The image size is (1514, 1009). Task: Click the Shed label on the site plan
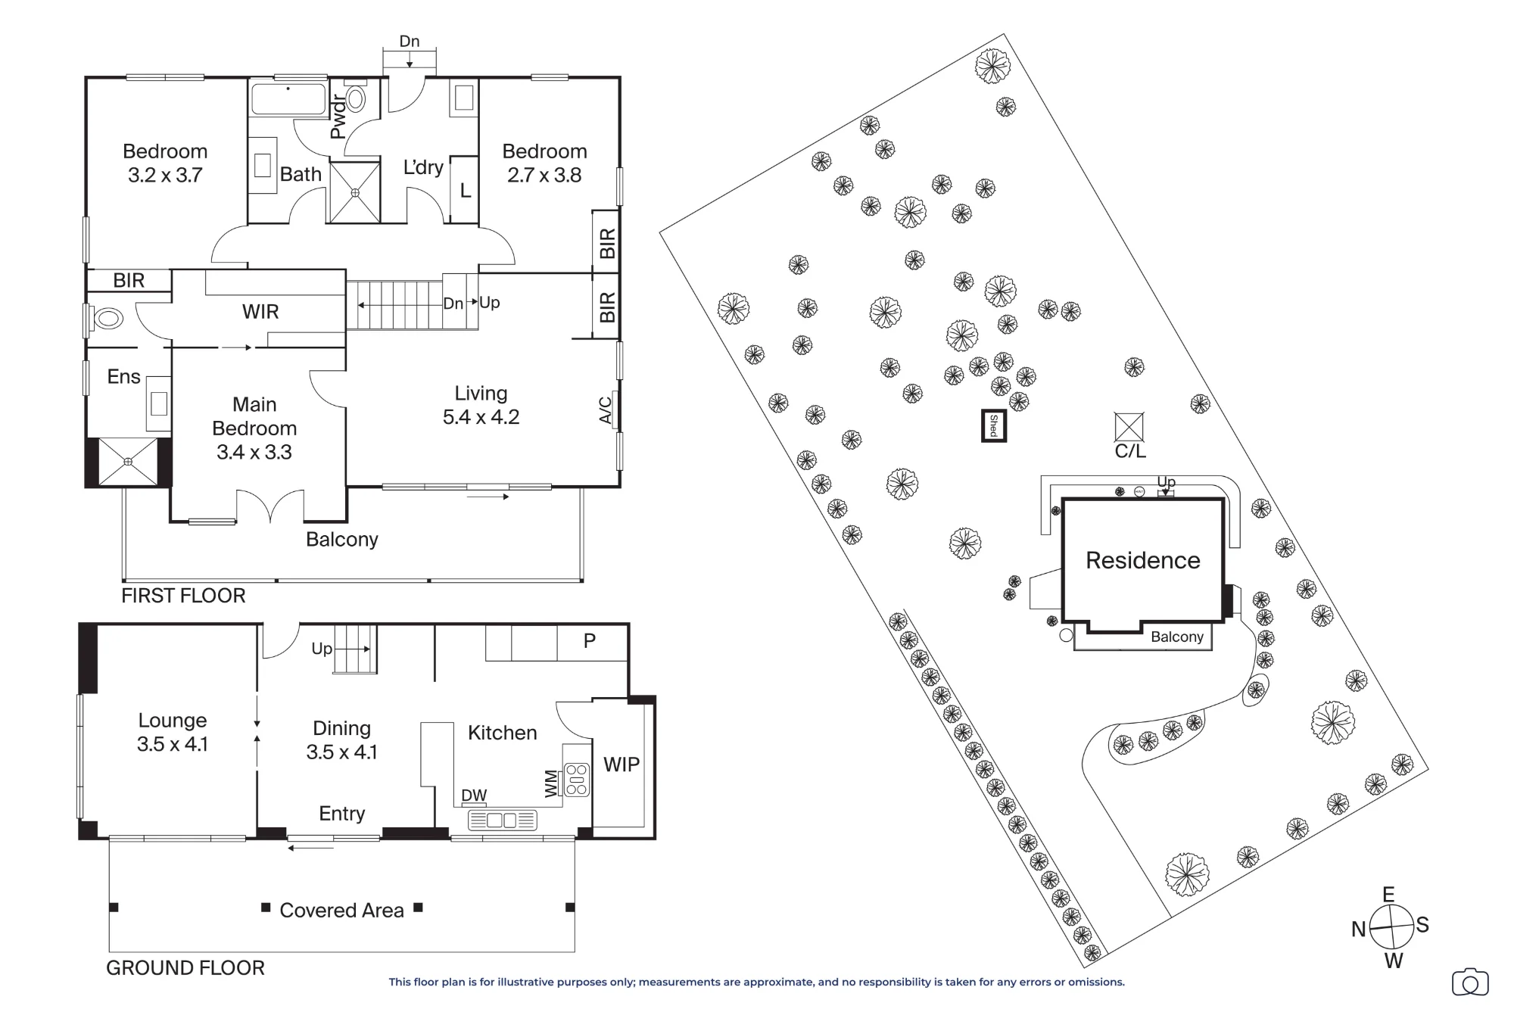point(994,425)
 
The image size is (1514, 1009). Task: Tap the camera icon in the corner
point(1470,983)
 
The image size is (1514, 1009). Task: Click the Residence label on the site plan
point(1143,560)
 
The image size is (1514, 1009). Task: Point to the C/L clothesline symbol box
point(1129,427)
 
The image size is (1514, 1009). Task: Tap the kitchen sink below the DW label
point(502,820)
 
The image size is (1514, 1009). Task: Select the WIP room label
point(621,765)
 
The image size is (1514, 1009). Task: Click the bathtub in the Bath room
point(288,99)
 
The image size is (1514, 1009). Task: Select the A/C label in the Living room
point(606,411)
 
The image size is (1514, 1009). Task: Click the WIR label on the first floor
point(260,311)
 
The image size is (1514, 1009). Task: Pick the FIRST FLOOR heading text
point(183,596)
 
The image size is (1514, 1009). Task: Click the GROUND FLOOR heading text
point(185,967)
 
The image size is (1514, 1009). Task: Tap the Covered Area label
point(341,911)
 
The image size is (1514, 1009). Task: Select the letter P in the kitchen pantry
point(590,641)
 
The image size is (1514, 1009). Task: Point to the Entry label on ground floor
point(342,814)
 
